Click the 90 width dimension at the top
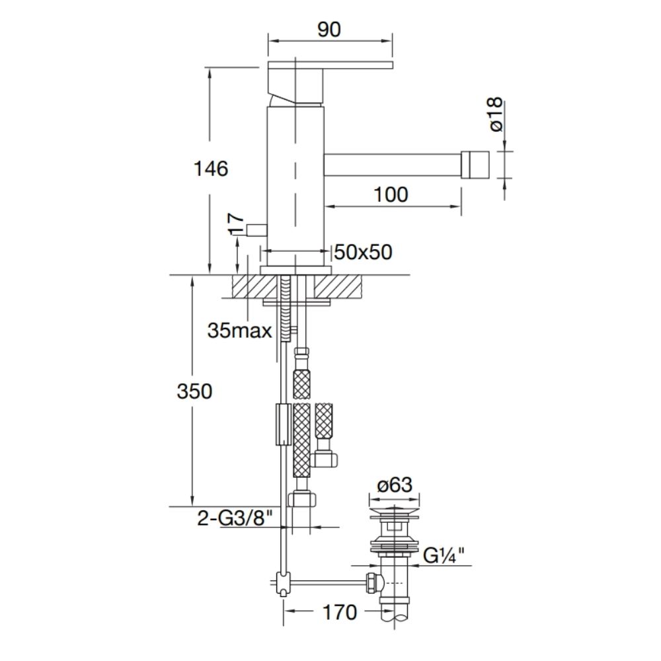(329, 30)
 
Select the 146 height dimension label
(211, 169)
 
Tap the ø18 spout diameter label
(496, 114)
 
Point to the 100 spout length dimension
(391, 195)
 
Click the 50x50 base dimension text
(363, 252)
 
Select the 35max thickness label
(239, 331)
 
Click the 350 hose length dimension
(194, 391)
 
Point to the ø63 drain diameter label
(395, 485)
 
